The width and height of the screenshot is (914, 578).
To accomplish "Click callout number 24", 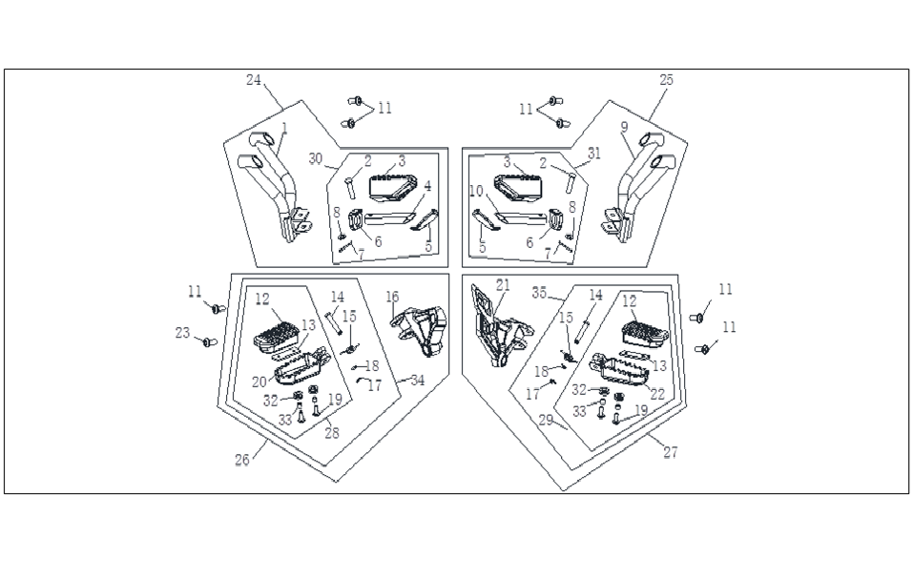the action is pyautogui.click(x=254, y=80).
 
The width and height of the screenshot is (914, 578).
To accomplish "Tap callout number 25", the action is pyautogui.click(x=666, y=80).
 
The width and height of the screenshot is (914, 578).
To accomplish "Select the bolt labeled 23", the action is pyautogui.click(x=209, y=341).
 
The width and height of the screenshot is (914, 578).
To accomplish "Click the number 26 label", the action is pyautogui.click(x=242, y=460).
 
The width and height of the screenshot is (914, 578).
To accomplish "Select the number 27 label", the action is pyautogui.click(x=671, y=451).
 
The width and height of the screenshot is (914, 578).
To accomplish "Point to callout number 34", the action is pyautogui.click(x=417, y=381).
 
